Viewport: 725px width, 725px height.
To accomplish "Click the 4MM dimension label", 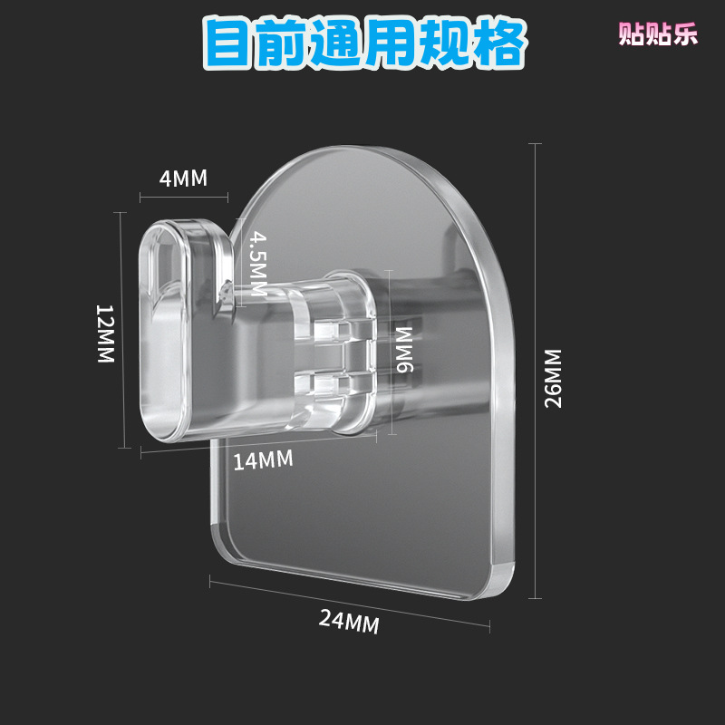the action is pyautogui.click(x=183, y=178).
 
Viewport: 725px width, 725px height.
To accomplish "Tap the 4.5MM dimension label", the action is pyautogui.click(x=257, y=264).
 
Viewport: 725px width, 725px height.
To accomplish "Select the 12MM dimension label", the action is pyautogui.click(x=105, y=333).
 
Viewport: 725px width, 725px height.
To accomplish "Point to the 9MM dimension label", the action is pyautogui.click(x=404, y=349).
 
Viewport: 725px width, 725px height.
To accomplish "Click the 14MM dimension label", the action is pyautogui.click(x=263, y=460).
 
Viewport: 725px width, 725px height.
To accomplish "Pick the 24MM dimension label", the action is pyautogui.click(x=349, y=622).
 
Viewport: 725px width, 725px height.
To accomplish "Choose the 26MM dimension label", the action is pyautogui.click(x=553, y=378).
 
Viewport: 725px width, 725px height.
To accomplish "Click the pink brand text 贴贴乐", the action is pyautogui.click(x=659, y=34).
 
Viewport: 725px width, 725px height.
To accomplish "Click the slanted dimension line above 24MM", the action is pyautogui.click(x=349, y=599).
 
